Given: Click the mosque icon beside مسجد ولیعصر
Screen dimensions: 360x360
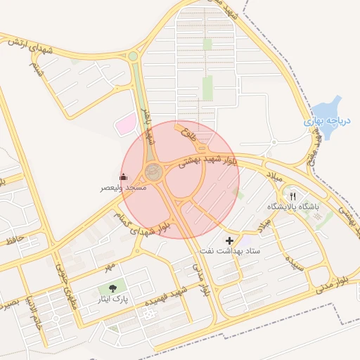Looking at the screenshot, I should pyautogui.click(x=124, y=176).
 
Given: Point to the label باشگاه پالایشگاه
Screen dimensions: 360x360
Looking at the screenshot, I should pyautogui.click(x=293, y=207).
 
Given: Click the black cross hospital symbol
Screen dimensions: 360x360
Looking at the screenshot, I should pyautogui.click(x=229, y=240).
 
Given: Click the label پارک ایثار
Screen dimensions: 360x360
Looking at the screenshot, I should pyautogui.click(x=115, y=300).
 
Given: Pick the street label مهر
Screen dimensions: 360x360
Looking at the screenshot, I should pyautogui.click(x=108, y=268).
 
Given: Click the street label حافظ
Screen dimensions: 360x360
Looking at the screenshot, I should pyautogui.click(x=15, y=240).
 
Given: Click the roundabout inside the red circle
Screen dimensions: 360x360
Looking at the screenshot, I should pyautogui.click(x=153, y=171).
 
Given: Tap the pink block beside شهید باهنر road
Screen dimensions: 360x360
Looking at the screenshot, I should pyautogui.click(x=125, y=124).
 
